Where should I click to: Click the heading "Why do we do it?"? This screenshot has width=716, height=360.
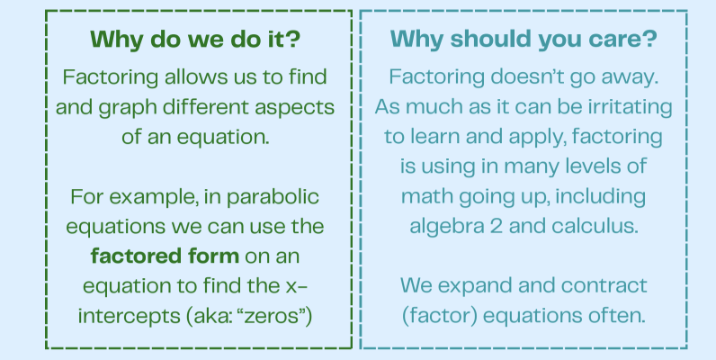(x=195, y=40)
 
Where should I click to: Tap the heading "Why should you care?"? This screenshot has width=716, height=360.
(x=524, y=40)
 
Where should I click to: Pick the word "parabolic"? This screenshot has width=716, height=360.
(x=273, y=197)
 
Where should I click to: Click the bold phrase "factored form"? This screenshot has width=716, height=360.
(x=165, y=256)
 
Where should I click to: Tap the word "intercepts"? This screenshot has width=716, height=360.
(x=130, y=317)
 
